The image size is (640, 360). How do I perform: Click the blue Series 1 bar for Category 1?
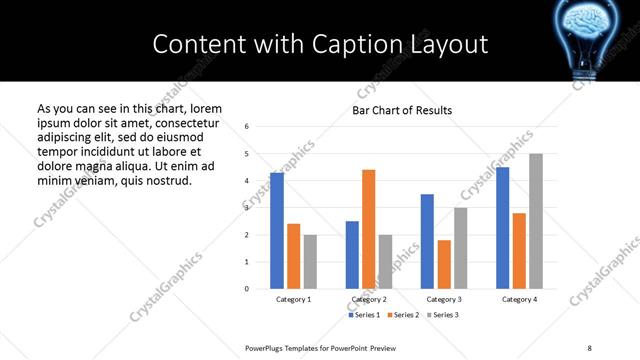(277, 231)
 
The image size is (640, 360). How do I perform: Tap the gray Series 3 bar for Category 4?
(535, 221)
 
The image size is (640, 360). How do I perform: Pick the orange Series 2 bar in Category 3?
(444, 264)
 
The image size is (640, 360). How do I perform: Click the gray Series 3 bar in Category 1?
(310, 261)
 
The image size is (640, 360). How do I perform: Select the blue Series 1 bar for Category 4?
(502, 228)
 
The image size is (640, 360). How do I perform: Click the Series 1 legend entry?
(365, 315)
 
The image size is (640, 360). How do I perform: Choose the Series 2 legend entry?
(403, 315)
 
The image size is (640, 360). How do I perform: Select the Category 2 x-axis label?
(369, 299)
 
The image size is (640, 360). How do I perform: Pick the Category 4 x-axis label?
(518, 299)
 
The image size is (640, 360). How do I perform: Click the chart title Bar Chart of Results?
(402, 110)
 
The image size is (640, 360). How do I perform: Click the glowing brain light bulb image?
(597, 35)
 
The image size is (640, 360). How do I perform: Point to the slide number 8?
(588, 347)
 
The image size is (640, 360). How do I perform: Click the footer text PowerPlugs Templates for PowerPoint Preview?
(321, 347)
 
